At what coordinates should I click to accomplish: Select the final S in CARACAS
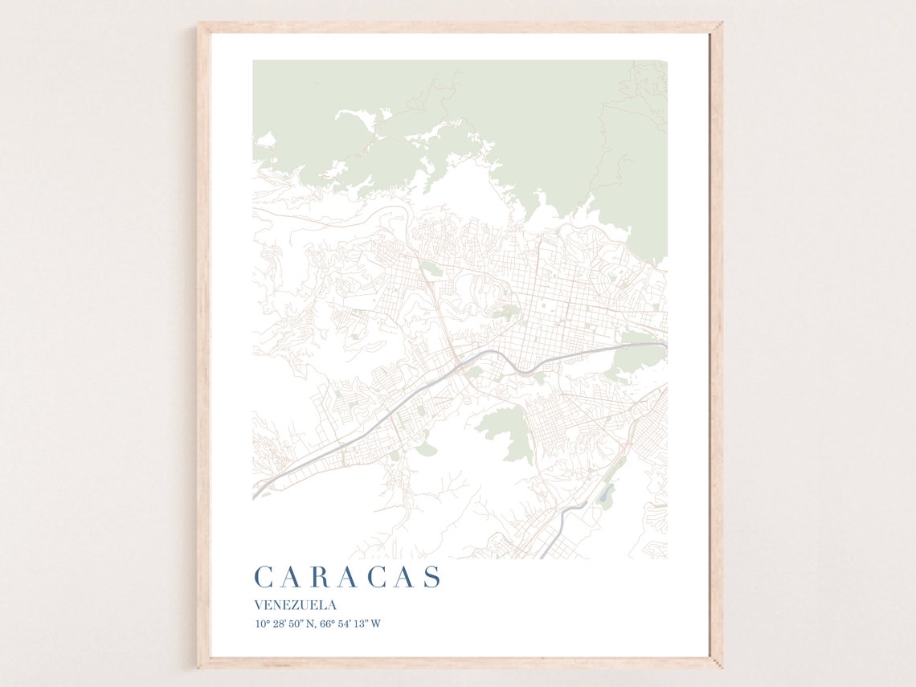point(432,577)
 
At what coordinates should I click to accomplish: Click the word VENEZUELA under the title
point(295,605)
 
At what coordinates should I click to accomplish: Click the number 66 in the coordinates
point(329,624)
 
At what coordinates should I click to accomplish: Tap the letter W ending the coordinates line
point(376,624)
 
